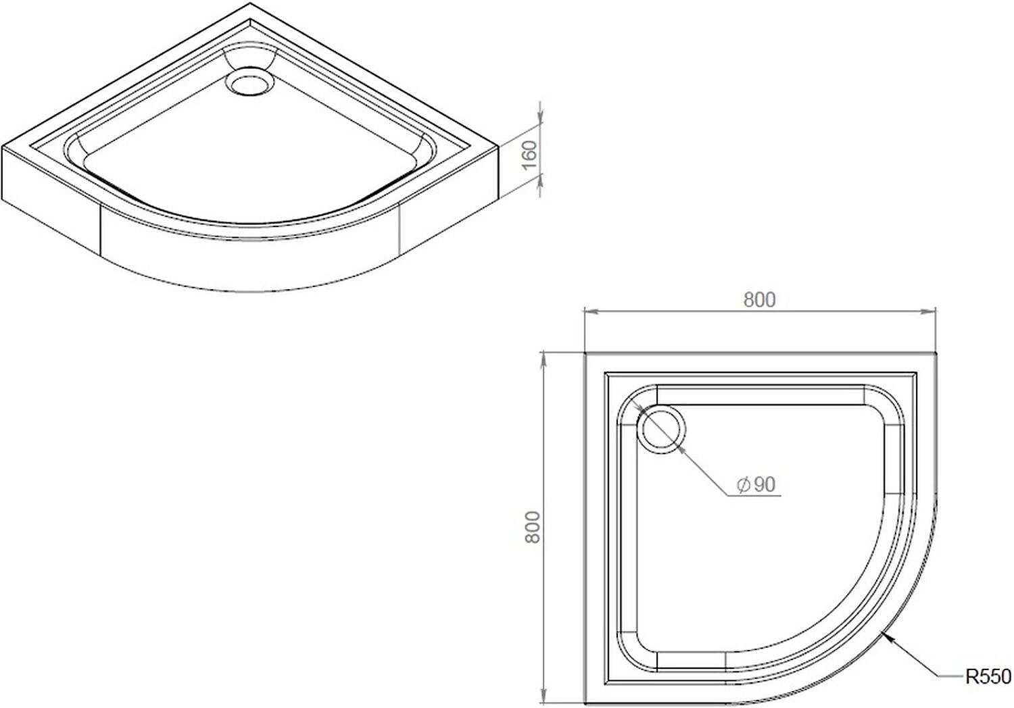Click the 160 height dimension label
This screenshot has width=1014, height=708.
529,155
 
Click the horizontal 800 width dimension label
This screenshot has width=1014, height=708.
760,299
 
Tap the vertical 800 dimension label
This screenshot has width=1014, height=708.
533,527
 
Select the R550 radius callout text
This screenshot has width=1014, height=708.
988,677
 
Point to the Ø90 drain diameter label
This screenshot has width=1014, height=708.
756,484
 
